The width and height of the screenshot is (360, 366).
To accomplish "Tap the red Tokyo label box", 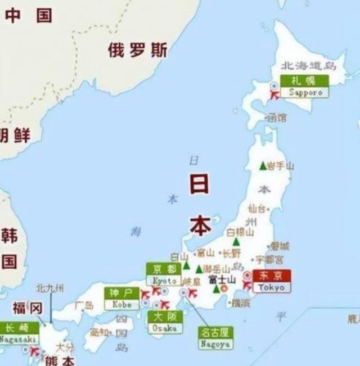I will (x=272, y=281).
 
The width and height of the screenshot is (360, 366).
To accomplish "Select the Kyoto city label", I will (x=164, y=274).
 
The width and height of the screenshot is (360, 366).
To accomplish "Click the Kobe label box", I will (x=122, y=299).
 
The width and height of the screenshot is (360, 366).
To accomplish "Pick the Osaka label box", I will (x=165, y=322).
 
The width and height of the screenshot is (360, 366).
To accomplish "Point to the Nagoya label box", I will (x=215, y=338).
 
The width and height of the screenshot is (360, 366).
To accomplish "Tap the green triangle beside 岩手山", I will (x=262, y=166).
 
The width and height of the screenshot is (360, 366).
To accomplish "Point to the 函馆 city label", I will (x=276, y=118).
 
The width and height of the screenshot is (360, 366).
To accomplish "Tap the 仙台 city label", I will (x=255, y=208).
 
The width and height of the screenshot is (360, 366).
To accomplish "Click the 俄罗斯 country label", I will (x=138, y=51).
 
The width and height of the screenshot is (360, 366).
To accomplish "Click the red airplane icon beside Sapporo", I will (x=275, y=95).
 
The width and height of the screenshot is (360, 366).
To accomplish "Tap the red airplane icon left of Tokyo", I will (x=247, y=285).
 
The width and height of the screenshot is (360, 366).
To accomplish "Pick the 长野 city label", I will (x=231, y=253).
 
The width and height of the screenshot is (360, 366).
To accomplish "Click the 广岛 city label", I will (x=84, y=306).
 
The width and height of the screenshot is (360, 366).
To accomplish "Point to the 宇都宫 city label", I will (x=270, y=259).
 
